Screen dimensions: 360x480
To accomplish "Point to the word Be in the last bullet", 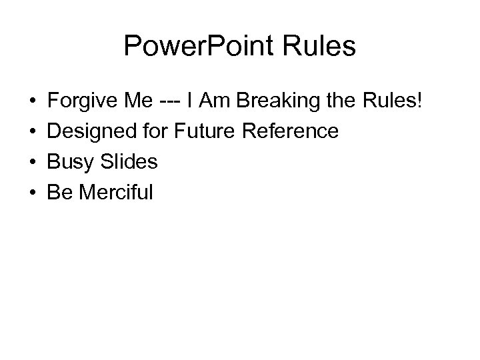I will (58, 193).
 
